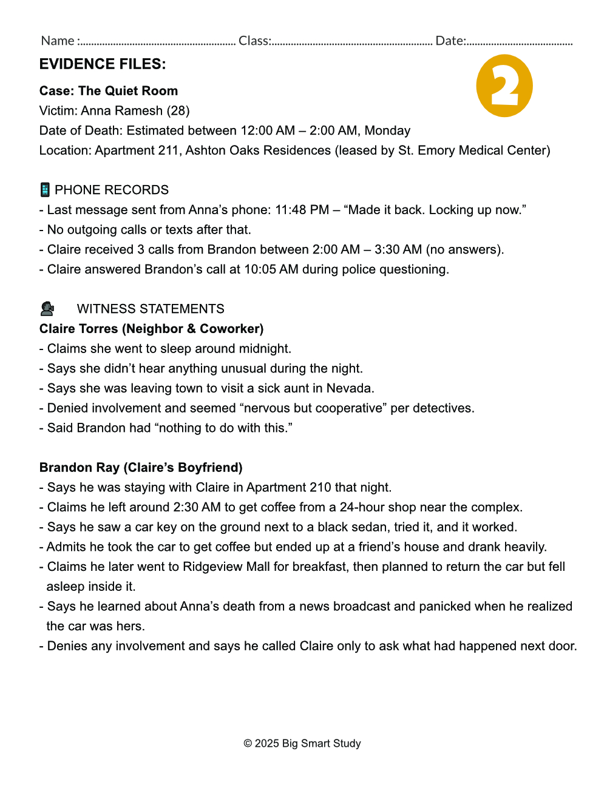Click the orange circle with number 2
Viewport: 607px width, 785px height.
point(504,86)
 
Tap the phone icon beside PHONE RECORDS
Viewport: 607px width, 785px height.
point(45,190)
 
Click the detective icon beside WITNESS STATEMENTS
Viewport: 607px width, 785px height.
point(47,309)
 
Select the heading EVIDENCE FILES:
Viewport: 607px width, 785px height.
point(103,64)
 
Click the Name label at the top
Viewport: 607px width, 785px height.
point(58,41)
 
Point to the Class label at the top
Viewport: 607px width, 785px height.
point(254,41)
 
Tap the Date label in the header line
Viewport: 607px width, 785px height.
point(450,41)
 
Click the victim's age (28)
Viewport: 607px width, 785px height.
point(178,110)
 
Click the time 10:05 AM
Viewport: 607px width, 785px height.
point(271,269)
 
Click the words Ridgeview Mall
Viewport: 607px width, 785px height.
point(228,567)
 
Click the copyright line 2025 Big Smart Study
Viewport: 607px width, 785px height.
point(302,744)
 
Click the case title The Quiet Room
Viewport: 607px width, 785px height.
point(128,91)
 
